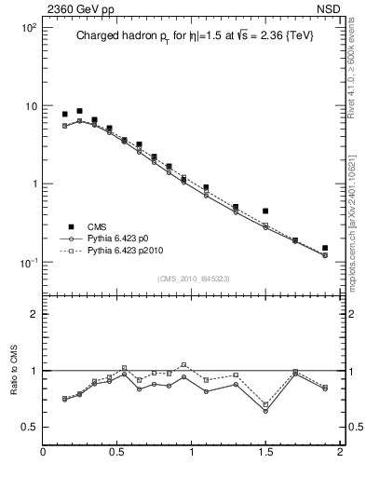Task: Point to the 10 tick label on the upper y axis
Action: coord(30,106)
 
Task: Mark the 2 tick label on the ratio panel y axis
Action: coord(33,314)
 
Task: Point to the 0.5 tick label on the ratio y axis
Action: coord(29,427)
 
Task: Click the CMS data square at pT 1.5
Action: coord(265,211)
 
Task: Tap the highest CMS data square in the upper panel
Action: coord(79,111)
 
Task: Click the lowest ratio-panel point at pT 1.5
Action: coord(265,411)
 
